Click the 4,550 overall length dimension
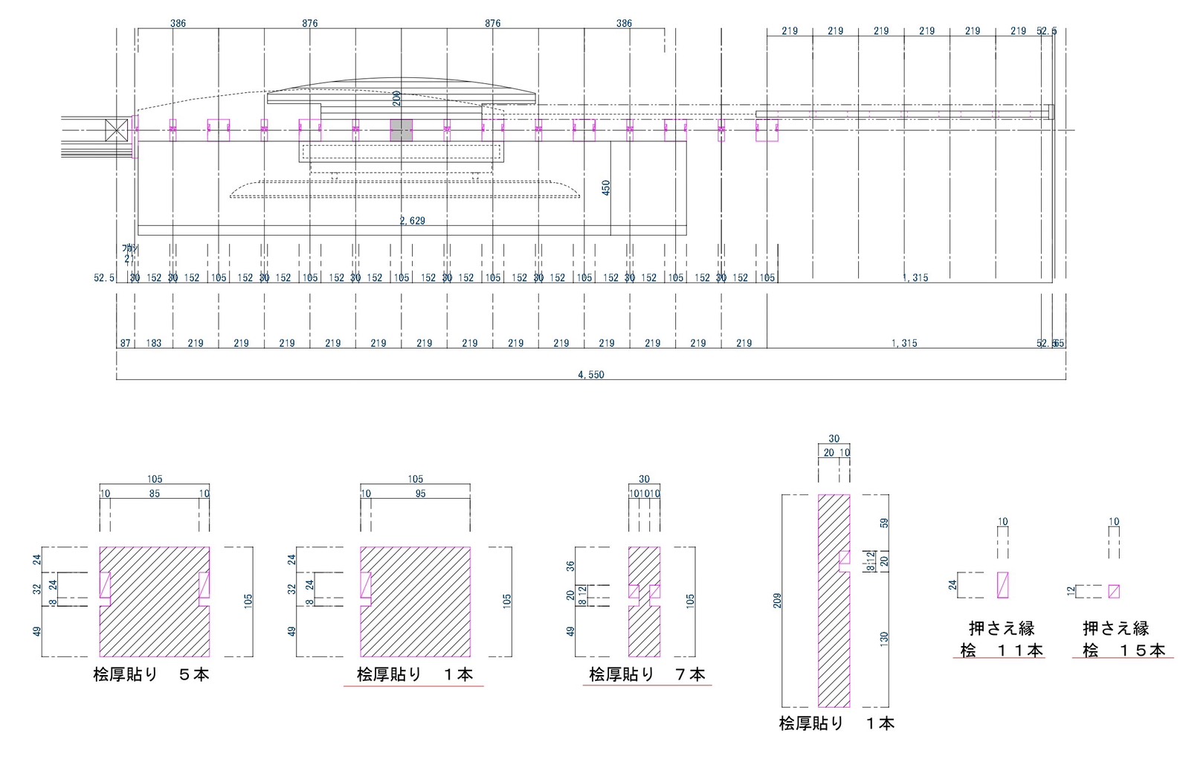[x=591, y=375]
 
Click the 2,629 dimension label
[x=412, y=221]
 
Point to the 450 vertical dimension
[x=606, y=187]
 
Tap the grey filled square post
[x=402, y=129]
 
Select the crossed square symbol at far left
[x=117, y=130]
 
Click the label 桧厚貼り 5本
[x=151, y=675]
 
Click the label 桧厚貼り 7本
[x=647, y=674]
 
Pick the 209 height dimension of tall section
[x=777, y=601]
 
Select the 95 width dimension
[x=420, y=494]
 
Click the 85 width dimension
[x=155, y=494]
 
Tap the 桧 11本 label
[x=1002, y=651]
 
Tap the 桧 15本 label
[x=1124, y=651]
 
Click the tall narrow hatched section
[x=834, y=601]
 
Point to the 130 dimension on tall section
[x=884, y=638]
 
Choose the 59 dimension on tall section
[x=884, y=523]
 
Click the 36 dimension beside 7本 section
[x=570, y=566]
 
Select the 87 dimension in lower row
[x=125, y=343]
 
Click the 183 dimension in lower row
[x=153, y=343]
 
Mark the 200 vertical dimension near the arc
[x=397, y=98]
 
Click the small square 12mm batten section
[x=1114, y=591]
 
